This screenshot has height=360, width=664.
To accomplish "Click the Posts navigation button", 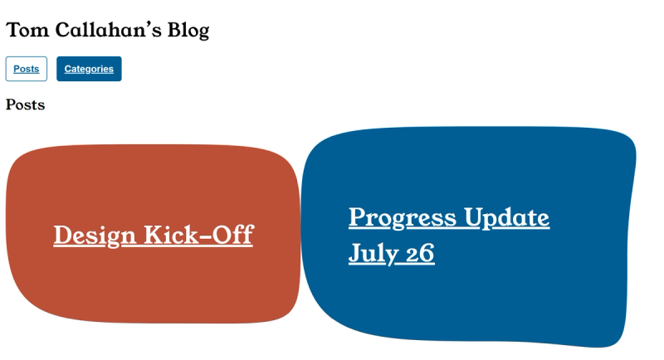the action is click(x=27, y=69).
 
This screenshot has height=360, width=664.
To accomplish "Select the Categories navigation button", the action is click(x=89, y=69).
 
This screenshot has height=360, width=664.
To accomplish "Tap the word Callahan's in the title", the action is click(x=109, y=30).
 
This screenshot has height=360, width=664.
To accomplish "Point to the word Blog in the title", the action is click(x=188, y=31).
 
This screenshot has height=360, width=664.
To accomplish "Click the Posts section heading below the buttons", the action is click(x=26, y=105).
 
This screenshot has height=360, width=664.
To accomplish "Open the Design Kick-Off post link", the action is click(x=154, y=236).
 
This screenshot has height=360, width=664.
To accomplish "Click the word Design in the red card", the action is click(x=95, y=236).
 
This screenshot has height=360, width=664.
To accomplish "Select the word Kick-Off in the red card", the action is click(x=199, y=235).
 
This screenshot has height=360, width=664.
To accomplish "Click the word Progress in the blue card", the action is click(x=403, y=218).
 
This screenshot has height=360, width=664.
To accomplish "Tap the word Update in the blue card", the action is click(x=507, y=218).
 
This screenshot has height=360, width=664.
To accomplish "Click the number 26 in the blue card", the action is click(x=420, y=253).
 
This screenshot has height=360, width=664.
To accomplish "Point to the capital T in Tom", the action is click(x=13, y=30).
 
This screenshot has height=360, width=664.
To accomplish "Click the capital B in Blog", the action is click(x=174, y=30).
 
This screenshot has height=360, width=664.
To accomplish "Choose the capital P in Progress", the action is click(x=358, y=216).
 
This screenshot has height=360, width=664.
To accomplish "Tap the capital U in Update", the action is click(x=474, y=217).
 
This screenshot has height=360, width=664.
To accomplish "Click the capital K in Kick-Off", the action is click(x=154, y=235).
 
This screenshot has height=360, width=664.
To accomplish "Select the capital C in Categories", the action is click(x=68, y=69).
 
